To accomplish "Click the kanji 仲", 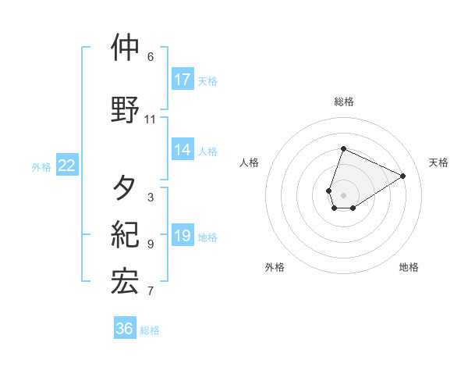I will [125, 48].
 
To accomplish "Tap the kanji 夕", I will [125, 187].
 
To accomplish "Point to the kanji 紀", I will [125, 234].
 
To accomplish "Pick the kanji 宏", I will [125, 282].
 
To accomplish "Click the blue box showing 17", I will [183, 80].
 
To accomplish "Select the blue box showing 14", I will [183, 151].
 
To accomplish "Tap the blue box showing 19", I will [183, 237].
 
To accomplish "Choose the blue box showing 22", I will [67, 166].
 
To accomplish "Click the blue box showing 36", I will [125, 329].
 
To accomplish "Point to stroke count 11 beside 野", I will [151, 119].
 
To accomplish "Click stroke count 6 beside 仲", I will [151, 57].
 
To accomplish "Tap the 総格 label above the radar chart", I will [344, 102].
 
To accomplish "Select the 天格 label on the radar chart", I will [439, 162].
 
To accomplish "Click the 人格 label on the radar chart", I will [250, 162].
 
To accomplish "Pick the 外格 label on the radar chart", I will [275, 267].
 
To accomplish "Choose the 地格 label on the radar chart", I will [409, 267].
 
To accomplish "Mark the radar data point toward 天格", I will [402, 176].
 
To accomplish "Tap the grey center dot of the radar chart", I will [343, 194].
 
